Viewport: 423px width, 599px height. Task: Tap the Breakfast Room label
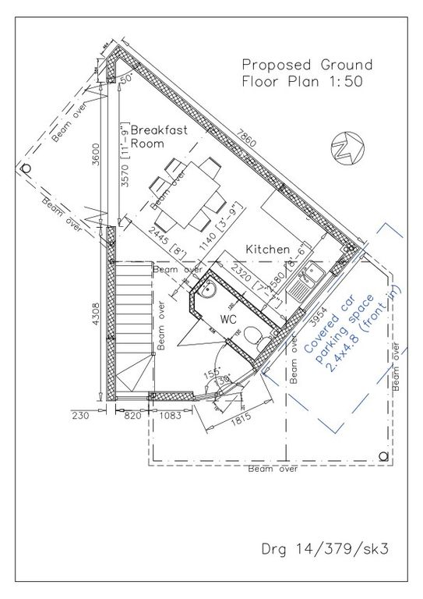pyautogui.click(x=159, y=136)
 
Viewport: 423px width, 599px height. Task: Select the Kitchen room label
pyautogui.click(x=268, y=249)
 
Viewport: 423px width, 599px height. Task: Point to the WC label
pyautogui.click(x=227, y=320)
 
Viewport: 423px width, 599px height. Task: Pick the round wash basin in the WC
pyautogui.click(x=207, y=291)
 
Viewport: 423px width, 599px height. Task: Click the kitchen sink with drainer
pyautogui.click(x=306, y=280)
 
